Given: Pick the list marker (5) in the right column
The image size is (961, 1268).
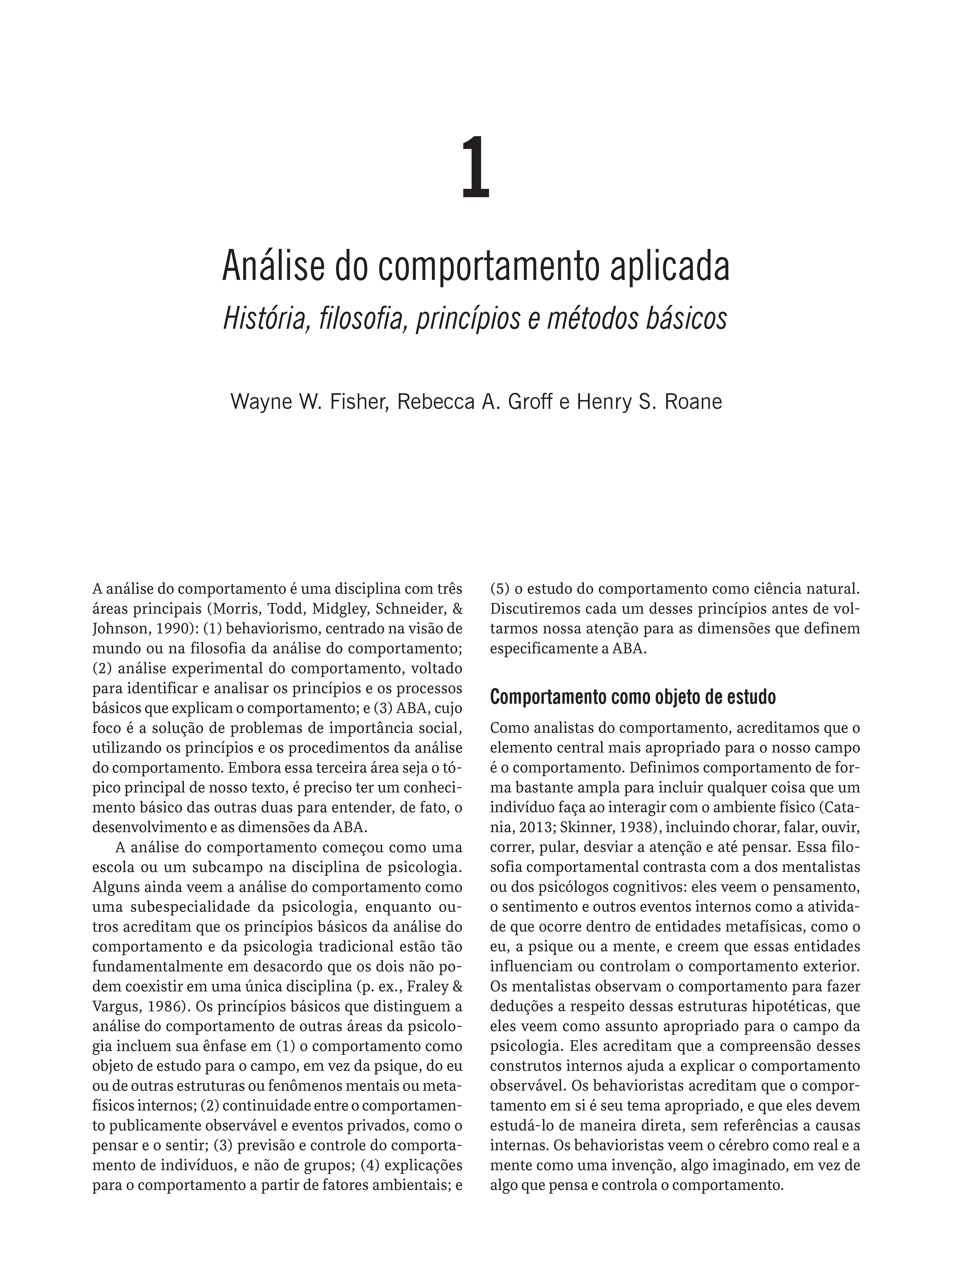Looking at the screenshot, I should [500, 589].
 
